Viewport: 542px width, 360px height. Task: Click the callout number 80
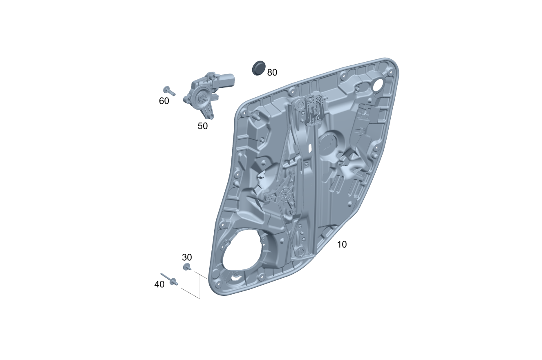click(x=272, y=72)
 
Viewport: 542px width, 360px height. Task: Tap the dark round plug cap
click(x=259, y=68)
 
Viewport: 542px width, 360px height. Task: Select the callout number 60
click(x=164, y=101)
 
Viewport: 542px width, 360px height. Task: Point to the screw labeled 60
click(x=169, y=91)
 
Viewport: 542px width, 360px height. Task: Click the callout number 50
click(x=202, y=126)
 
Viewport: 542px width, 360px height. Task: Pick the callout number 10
click(x=342, y=245)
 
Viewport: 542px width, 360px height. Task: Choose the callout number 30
click(x=187, y=257)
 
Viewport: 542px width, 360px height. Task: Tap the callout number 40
click(x=159, y=284)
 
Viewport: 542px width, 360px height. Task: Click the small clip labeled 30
click(x=187, y=267)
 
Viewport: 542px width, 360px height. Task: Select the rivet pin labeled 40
click(x=169, y=279)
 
